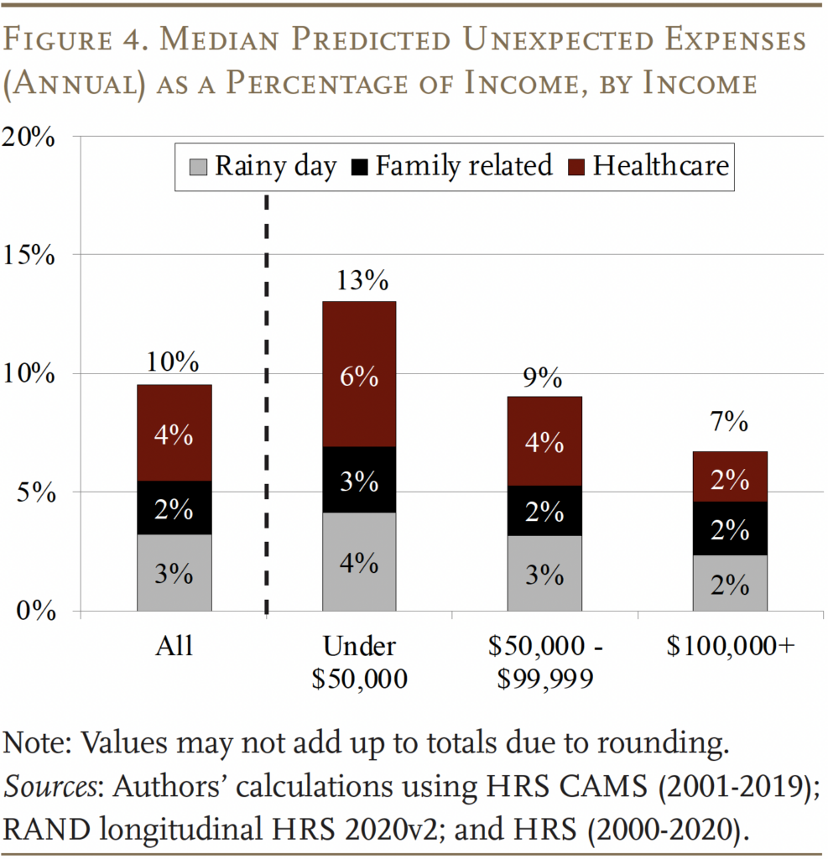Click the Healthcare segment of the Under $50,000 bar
coord(359,374)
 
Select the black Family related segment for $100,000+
coord(730,528)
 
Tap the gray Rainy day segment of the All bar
coord(174,573)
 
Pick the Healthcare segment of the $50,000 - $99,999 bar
coord(544,440)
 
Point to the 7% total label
coord(730,423)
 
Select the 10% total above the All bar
coord(174,362)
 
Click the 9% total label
coord(544,377)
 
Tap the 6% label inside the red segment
coord(359,377)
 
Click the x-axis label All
coord(174,647)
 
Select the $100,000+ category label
coord(730,647)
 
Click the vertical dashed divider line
coord(267,403)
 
